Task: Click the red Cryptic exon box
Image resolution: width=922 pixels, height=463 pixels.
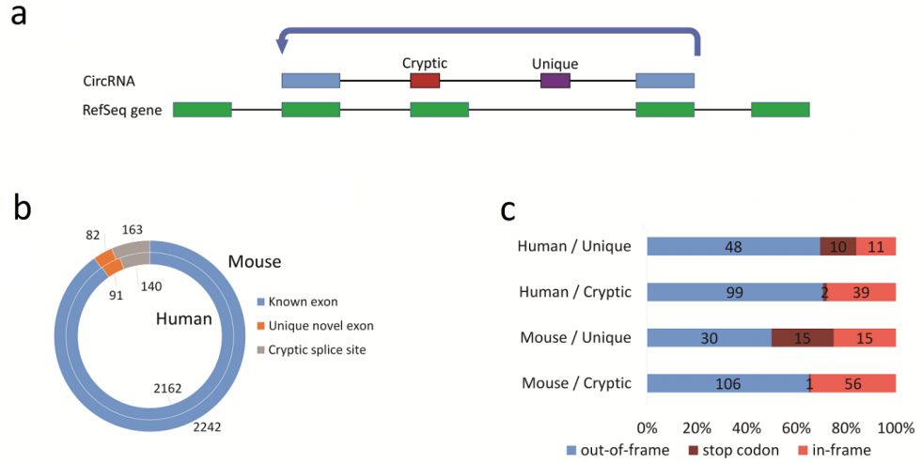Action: [x=425, y=81]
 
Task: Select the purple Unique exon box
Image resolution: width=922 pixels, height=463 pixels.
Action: [x=555, y=81]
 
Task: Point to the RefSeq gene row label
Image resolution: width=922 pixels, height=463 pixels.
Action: [x=122, y=110]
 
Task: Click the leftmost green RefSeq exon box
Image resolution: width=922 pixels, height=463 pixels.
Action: [x=202, y=110]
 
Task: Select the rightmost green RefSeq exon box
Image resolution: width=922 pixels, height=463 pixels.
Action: [x=780, y=110]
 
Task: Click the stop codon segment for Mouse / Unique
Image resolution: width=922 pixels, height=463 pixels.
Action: [x=802, y=338]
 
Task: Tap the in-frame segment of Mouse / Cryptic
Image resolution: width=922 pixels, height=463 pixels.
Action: [x=852, y=383]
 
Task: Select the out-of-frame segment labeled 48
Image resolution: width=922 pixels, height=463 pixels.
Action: [x=733, y=247]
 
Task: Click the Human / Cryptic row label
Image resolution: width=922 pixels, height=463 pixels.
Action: [x=575, y=292]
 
